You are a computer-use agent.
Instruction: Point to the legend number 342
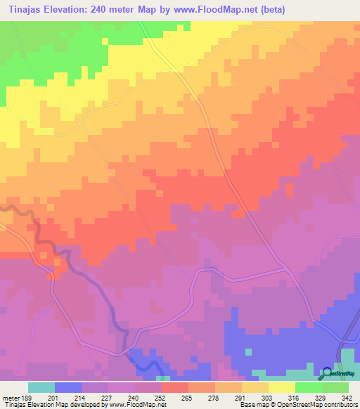point(342,397)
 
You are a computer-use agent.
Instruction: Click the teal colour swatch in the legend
point(41,387)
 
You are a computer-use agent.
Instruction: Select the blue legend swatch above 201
point(68,387)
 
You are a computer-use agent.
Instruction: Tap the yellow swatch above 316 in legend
point(282,387)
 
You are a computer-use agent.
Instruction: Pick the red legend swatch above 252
point(175,387)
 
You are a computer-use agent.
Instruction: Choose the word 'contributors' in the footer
point(338,405)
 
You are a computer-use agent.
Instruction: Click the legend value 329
point(316,397)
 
